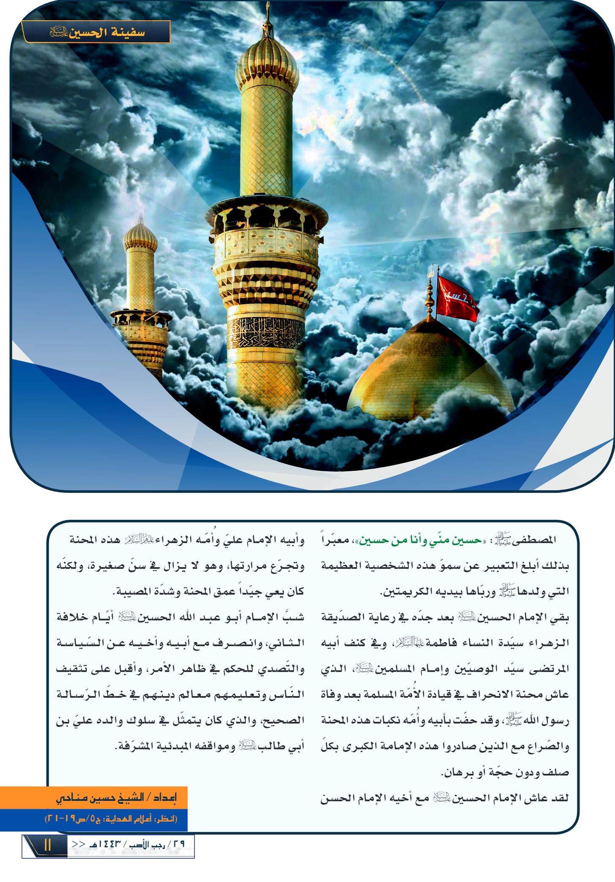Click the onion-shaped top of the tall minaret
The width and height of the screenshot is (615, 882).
click(x=267, y=59)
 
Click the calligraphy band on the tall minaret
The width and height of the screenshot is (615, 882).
click(x=266, y=332)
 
